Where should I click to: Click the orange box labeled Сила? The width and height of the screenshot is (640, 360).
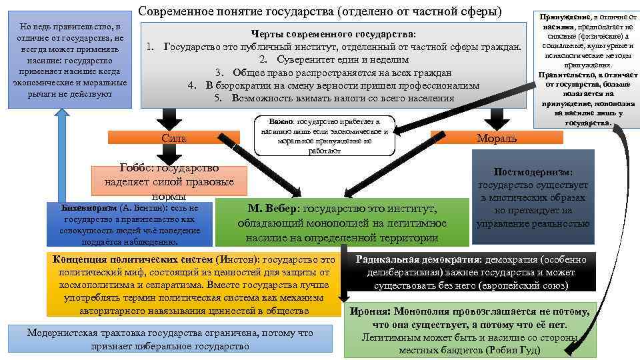point(173,138)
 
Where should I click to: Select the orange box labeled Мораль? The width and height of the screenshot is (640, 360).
point(496,138)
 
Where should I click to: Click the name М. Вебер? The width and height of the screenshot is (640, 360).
point(275,209)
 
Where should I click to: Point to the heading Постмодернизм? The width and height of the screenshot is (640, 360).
point(533,171)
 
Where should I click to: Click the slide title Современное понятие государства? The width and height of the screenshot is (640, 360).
point(320,11)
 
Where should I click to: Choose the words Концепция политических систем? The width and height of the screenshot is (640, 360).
point(133,259)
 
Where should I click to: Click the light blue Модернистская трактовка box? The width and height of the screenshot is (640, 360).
point(169,339)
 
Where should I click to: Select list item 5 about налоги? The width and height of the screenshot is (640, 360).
point(334,98)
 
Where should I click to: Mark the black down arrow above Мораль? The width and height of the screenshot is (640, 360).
point(495,119)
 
